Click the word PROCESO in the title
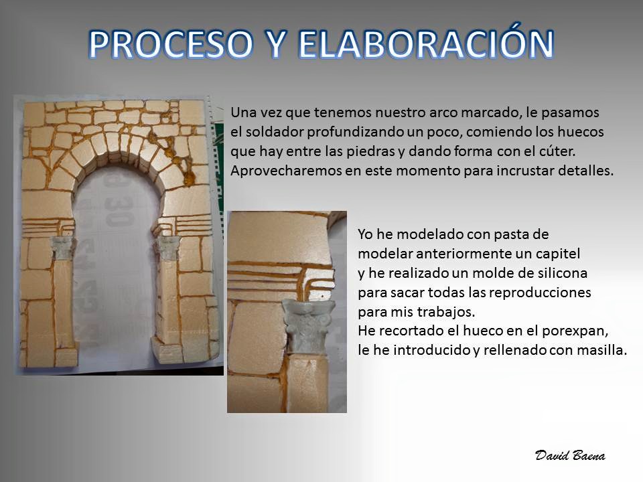point(171,44)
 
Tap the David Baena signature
point(570,455)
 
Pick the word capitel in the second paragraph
point(560,254)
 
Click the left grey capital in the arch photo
point(62,248)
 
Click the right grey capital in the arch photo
point(167,248)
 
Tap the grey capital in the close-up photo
point(308,326)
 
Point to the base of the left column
point(66,357)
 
